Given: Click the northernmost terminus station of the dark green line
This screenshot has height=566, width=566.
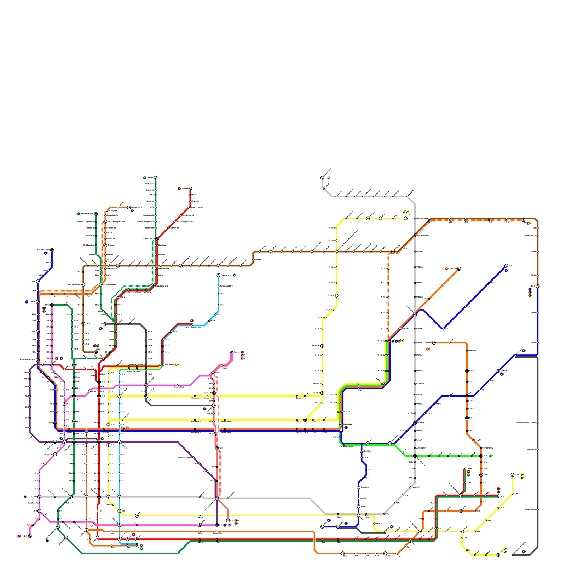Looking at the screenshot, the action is [156, 178].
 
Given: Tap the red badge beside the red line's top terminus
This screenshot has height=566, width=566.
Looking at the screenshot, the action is [179, 189].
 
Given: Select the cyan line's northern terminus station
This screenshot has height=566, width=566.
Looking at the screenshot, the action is [218, 275].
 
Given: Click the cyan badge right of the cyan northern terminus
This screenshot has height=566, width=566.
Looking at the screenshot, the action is [234, 275].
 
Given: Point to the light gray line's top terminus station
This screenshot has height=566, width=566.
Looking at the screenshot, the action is [322, 178].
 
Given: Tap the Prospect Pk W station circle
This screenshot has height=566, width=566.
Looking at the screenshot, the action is [129, 207].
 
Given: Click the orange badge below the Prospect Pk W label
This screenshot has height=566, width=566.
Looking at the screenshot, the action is [132, 211].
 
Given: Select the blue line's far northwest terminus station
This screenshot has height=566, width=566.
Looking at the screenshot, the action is [52, 250].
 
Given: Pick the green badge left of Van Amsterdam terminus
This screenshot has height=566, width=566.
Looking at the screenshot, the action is [79, 214].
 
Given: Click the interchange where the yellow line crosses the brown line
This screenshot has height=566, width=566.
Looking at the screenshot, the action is [336, 252].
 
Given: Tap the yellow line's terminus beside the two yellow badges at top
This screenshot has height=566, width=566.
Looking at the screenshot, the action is [406, 218].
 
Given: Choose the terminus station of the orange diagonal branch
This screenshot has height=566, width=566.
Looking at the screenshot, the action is [459, 269].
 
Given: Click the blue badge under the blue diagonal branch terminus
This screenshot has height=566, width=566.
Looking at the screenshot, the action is [506, 271].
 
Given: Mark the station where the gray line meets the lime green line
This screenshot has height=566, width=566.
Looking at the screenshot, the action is [415, 456].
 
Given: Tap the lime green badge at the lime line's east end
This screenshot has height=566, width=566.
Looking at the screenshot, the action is [490, 456].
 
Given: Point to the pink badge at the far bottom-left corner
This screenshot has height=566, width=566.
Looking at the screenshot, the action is [19, 536].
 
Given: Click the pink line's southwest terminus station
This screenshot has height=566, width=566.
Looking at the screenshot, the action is [30, 536].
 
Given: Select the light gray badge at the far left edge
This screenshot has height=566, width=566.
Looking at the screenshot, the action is [25, 497].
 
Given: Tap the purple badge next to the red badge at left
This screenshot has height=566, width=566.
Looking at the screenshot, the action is [61, 358].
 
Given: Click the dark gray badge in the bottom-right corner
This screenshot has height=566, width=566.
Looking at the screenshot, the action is [524, 551].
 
